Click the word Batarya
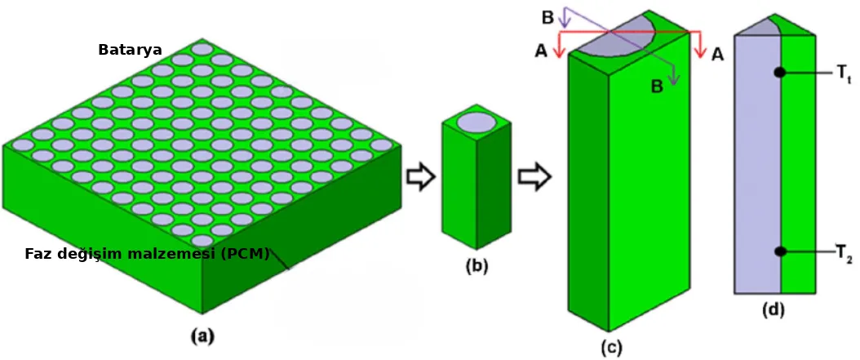pos(130,50)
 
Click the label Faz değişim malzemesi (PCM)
pos(147,253)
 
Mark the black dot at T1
pos(779,73)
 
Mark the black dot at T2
pos(779,251)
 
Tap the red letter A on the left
pos(541,52)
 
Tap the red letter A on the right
pos(716,54)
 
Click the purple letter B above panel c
pos(547,16)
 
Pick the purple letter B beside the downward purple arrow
pos(657,86)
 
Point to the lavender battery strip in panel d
pos(757,163)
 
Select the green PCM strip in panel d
pos(799,163)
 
